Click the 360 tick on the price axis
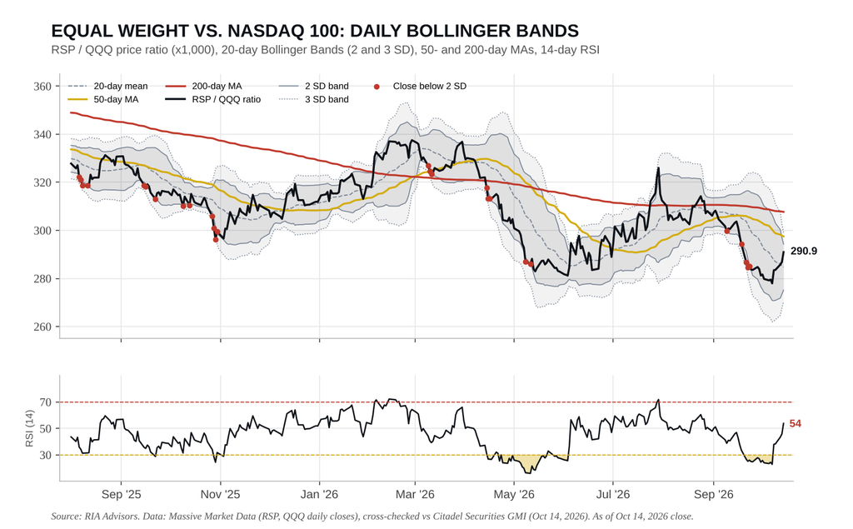click(42, 87)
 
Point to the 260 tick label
click(42, 327)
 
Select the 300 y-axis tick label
click(42, 231)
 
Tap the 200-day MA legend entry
click(204, 86)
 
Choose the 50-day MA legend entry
click(103, 100)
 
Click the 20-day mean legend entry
click(107, 86)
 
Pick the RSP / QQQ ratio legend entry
click(213, 100)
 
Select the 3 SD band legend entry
click(314, 100)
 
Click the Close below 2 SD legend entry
click(420, 86)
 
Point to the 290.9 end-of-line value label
click(804, 252)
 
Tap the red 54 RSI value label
click(796, 423)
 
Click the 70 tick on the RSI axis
click(46, 402)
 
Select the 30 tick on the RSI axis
click(46, 455)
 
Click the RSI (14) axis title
click(29, 429)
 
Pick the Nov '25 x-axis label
click(220, 495)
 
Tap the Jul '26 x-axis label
click(613, 495)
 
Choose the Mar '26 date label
click(415, 495)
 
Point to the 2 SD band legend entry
click(314, 86)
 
